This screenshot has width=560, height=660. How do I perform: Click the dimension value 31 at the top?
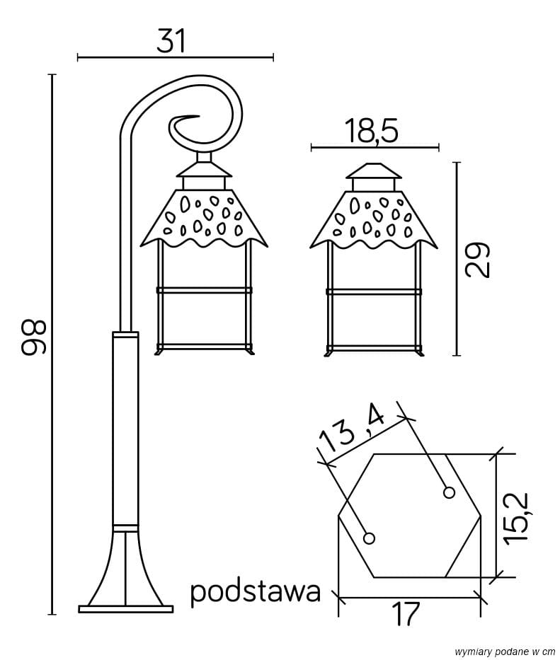coord(171,40)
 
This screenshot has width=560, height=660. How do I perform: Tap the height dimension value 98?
coord(33,337)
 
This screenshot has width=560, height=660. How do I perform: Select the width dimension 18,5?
coord(372,132)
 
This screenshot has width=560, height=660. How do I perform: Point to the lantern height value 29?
coord(478,260)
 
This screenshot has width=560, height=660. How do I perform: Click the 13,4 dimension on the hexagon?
coord(351,431)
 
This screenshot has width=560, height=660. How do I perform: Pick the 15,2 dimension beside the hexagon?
coord(519,516)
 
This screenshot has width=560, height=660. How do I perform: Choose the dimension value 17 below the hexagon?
coord(406,614)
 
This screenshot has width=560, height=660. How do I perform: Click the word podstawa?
coord(256,591)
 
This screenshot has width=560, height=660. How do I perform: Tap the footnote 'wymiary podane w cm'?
coord(505,651)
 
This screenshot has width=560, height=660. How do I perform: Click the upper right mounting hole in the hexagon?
coord(449,492)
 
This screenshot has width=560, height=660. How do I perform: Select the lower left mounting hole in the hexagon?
coord(369,538)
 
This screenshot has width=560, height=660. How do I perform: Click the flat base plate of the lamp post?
coord(125,608)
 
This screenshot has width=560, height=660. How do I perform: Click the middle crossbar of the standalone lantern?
coord(374,291)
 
